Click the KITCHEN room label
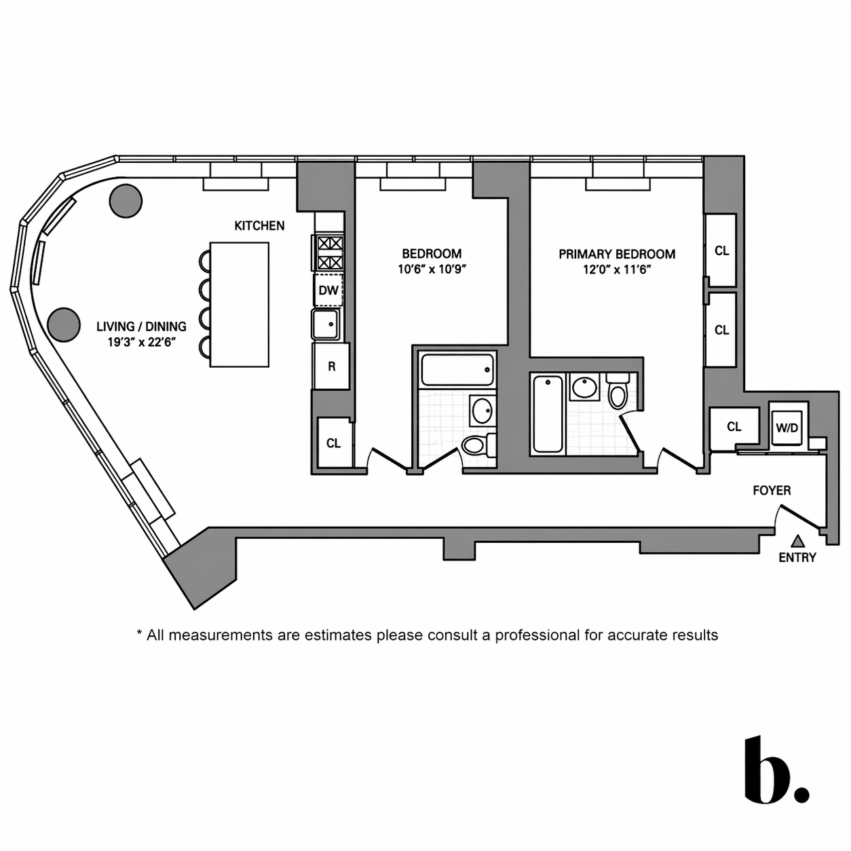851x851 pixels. (x=259, y=225)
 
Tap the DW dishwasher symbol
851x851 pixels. (x=328, y=290)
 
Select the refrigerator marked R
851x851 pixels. (x=331, y=366)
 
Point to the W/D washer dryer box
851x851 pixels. (x=787, y=428)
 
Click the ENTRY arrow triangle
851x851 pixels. (x=799, y=541)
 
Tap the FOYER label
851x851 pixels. (x=772, y=490)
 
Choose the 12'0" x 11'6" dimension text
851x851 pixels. (x=617, y=269)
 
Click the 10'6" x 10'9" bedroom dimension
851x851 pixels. (x=432, y=269)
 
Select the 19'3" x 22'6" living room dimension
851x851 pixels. (x=141, y=342)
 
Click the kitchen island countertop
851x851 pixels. (x=239, y=305)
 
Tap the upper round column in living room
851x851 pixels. (x=126, y=201)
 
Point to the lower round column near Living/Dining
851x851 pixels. (x=64, y=324)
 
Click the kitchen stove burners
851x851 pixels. (x=328, y=252)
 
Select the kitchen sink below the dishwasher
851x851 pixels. (x=326, y=324)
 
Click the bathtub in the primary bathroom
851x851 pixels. (x=548, y=413)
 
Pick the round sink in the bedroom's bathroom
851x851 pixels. (x=482, y=411)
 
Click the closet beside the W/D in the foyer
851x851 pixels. (x=734, y=427)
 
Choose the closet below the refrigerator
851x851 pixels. (x=333, y=443)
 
